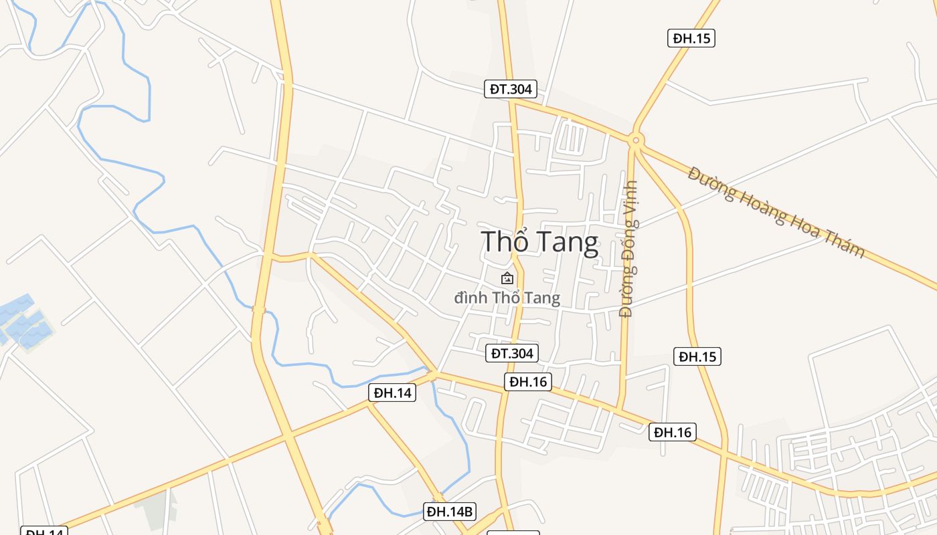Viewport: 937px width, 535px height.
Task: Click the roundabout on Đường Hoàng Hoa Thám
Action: coord(635,140)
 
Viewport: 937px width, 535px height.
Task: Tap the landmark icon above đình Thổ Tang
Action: coord(507,278)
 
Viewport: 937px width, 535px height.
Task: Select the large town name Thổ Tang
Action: coord(539,242)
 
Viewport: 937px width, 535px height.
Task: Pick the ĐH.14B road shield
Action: coord(450,512)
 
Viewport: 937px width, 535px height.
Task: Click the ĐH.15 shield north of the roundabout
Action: coord(691,38)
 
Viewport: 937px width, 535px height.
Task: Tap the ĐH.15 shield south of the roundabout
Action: coord(697,356)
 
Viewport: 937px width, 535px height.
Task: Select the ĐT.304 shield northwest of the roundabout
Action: coord(511,89)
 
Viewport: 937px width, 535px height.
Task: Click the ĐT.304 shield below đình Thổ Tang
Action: coord(512,353)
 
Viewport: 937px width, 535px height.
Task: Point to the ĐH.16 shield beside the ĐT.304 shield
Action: coord(528,382)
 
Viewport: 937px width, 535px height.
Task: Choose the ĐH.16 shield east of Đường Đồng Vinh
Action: coord(673,432)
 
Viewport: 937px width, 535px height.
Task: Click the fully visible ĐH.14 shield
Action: coord(392,393)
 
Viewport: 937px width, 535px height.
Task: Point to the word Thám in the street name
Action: coord(844,247)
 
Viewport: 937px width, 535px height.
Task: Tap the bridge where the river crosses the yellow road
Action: coord(259,309)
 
